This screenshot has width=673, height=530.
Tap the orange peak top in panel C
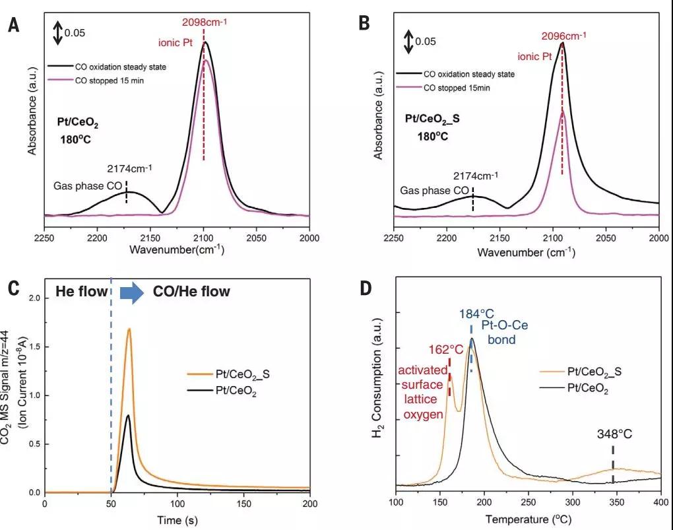[x=129, y=329]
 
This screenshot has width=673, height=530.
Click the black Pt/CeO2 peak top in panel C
[x=128, y=415]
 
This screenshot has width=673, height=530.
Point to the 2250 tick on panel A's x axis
[x=44, y=237]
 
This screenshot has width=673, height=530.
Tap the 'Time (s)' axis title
[x=176, y=519]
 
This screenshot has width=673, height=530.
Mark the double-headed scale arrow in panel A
[x=58, y=33]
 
